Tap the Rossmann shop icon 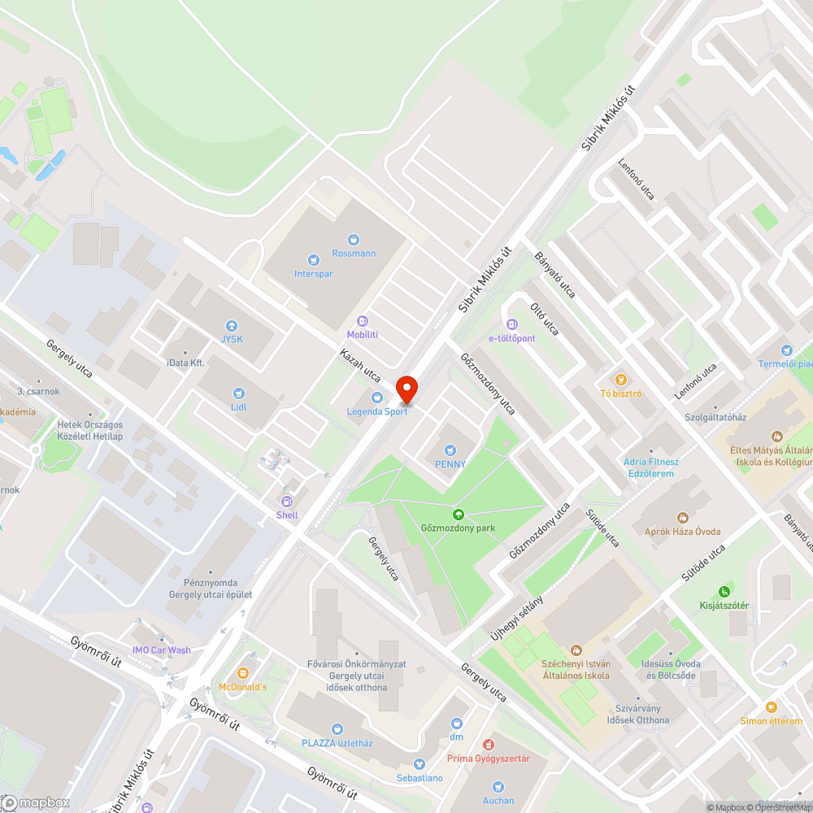click(353, 239)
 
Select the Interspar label click(314, 274)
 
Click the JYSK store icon click(232, 325)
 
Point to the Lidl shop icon click(238, 393)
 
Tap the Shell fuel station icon click(286, 501)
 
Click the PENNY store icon click(450, 450)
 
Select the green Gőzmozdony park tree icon click(459, 514)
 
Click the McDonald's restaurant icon click(242, 673)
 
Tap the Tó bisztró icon click(621, 379)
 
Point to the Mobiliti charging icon click(363, 320)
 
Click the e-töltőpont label click(511, 337)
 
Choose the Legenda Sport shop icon click(377, 398)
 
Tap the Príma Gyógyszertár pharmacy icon click(488, 745)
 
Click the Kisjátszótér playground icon click(724, 592)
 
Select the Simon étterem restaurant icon click(771, 707)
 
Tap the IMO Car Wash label click(162, 650)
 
